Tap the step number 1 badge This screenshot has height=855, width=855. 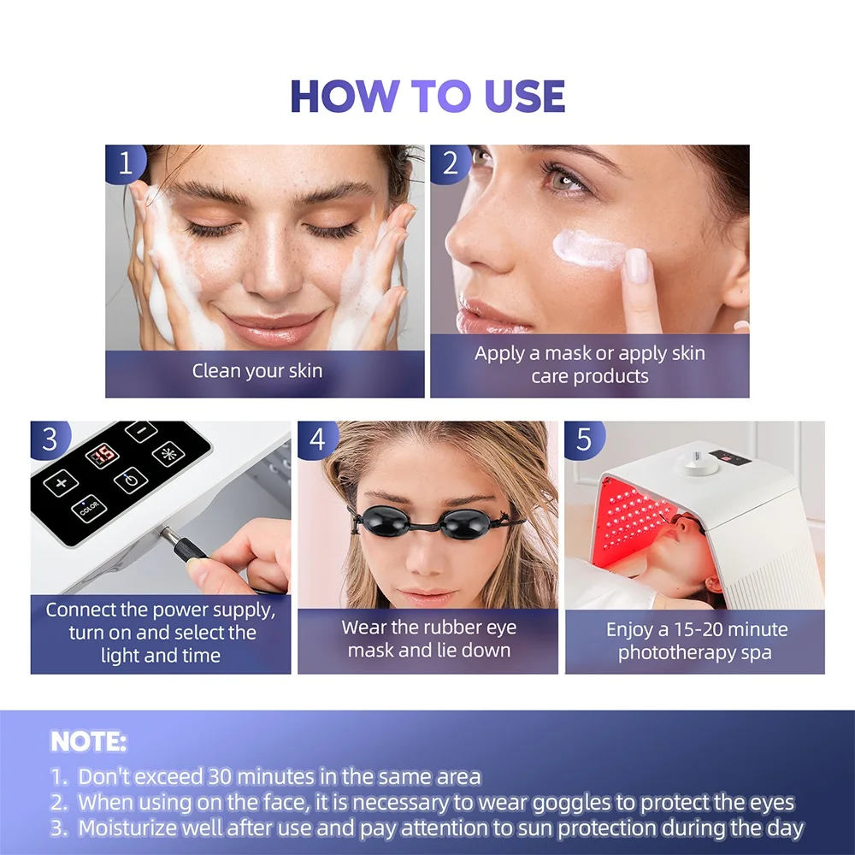125,162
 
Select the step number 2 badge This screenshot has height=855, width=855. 450,162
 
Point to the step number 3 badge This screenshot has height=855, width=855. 50,439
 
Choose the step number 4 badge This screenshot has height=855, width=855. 317,439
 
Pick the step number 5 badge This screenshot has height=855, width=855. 584,439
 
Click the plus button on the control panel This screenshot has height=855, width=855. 61,482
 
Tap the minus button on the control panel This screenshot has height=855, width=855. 141,431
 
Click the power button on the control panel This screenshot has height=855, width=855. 131,481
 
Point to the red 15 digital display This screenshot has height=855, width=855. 103,454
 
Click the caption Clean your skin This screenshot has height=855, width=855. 257,371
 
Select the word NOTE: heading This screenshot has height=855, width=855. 88,741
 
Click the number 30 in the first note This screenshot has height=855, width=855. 221,776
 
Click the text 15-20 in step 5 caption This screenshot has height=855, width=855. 698,630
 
